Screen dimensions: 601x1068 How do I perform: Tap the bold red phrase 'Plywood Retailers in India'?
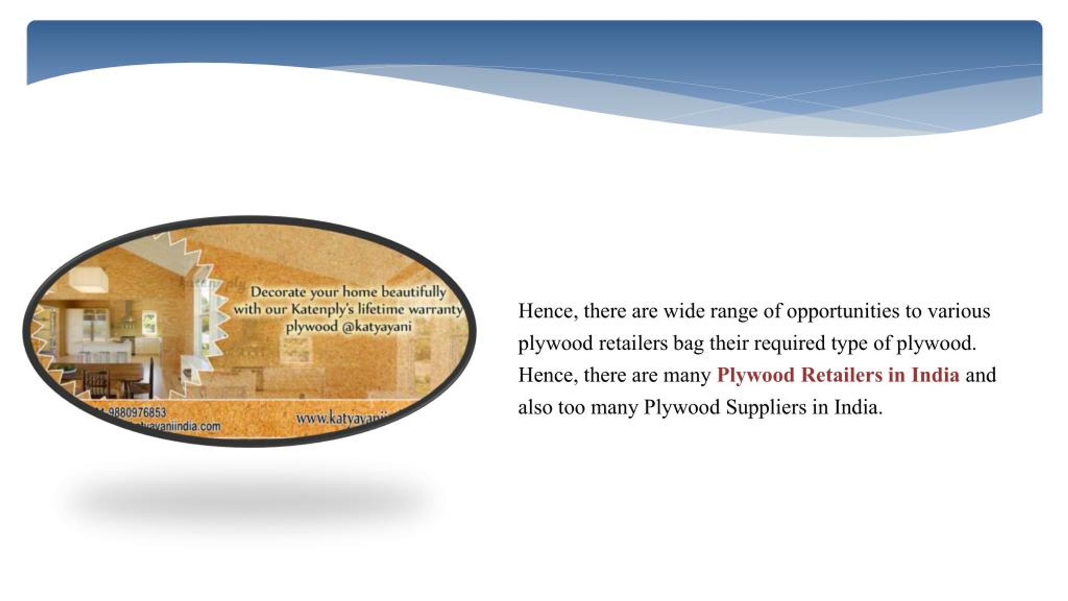pos(838,375)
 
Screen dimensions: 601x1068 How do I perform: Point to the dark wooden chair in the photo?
pos(96,382)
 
